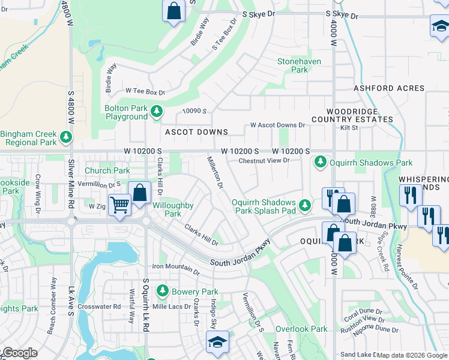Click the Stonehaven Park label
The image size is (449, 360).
coord(299,65)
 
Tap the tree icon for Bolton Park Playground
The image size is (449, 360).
coord(157,112)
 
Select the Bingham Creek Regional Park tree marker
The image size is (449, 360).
coord(65,138)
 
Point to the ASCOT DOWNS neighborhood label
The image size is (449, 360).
coord(197,132)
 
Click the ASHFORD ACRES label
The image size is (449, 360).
coord(389,88)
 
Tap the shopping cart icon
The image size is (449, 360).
coord(119,205)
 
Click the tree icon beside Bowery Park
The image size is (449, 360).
coord(162,292)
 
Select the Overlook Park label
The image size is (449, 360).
coord(301,329)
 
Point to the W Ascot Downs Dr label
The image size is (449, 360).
coord(277,125)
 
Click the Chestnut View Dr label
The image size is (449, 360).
coord(264,160)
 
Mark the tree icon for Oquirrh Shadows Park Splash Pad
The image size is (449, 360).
coord(306,206)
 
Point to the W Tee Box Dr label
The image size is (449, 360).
coord(145,92)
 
